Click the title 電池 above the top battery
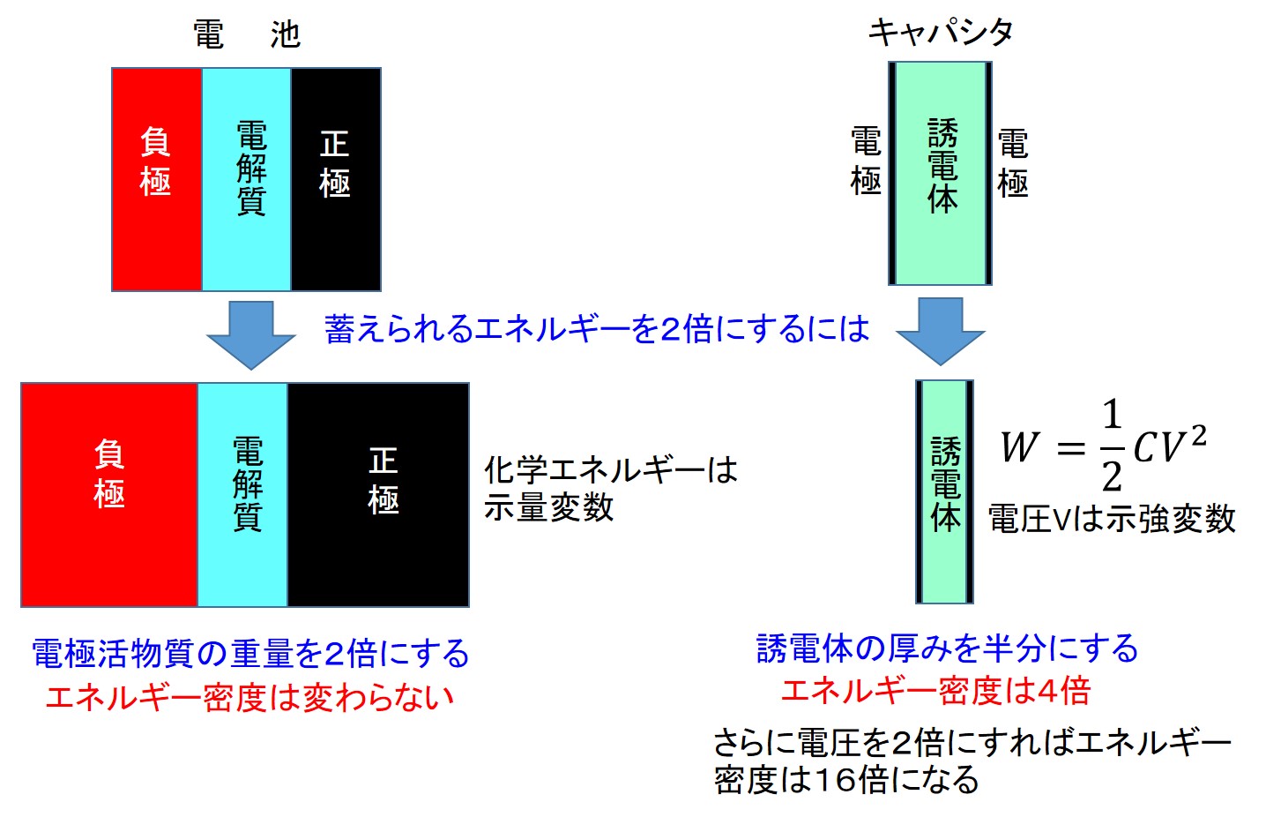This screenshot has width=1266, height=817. (247, 35)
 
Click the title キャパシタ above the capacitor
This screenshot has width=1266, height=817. (940, 34)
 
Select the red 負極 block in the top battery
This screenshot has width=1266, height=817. (157, 179)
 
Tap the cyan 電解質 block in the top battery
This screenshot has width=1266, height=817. (247, 179)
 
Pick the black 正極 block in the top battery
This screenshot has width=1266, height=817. (336, 179)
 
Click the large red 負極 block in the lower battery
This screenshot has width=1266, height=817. (109, 494)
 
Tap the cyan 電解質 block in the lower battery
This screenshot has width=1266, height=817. (243, 494)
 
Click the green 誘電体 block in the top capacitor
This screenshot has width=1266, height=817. (941, 173)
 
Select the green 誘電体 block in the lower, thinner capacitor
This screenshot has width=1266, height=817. (945, 491)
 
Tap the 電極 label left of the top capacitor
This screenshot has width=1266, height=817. (866, 161)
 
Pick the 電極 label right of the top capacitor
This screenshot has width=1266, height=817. (1012, 163)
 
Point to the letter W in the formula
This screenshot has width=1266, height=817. (1019, 447)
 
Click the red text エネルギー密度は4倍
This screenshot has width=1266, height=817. (935, 690)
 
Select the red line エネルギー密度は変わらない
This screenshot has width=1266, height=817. (249, 697)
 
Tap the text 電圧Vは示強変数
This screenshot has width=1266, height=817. (1112, 519)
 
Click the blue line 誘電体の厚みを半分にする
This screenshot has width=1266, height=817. (947, 648)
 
